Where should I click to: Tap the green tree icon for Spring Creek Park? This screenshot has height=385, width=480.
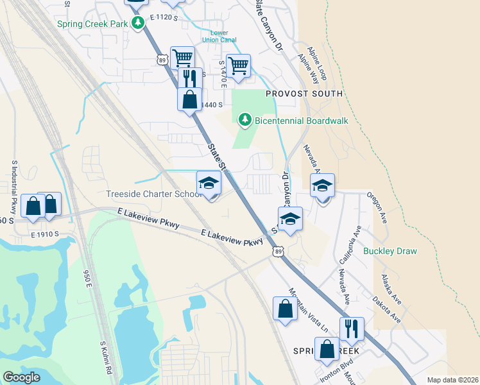pyautogui.click(x=137, y=24)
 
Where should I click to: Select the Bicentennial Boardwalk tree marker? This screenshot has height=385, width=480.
pyautogui.click(x=244, y=119)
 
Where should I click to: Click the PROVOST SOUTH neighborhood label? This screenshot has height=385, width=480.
pyautogui.click(x=305, y=94)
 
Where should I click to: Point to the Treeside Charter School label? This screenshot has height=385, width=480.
pyautogui.click(x=155, y=194)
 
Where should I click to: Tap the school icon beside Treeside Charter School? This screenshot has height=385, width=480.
pyautogui.click(x=209, y=184)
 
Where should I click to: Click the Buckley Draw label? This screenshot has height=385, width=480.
pyautogui.click(x=391, y=251)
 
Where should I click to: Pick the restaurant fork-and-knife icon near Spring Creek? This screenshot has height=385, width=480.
pyautogui.click(x=351, y=328)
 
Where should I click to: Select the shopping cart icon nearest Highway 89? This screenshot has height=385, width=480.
pyautogui.click(x=182, y=58)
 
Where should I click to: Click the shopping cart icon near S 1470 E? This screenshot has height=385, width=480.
pyautogui.click(x=238, y=65)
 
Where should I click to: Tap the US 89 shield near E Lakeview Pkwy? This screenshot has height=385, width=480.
pyautogui.click(x=277, y=252)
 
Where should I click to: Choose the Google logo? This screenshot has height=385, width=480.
pyautogui.click(x=22, y=377)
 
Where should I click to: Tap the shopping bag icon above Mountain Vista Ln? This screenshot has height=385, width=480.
pyautogui.click(x=285, y=309)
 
